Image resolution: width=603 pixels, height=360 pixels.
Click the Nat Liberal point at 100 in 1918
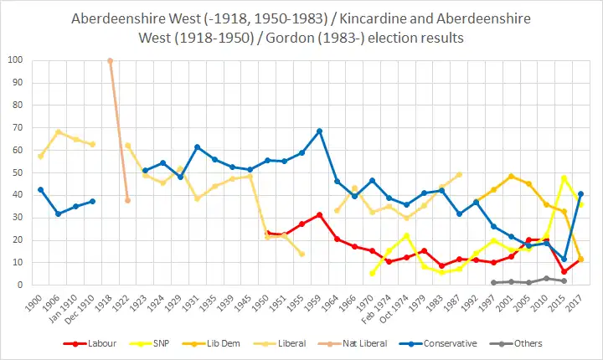click(110, 60)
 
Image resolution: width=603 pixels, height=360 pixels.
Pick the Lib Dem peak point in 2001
click(511, 176)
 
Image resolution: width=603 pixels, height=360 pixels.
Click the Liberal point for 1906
click(58, 131)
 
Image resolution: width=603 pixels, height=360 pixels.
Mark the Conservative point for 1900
click(40, 189)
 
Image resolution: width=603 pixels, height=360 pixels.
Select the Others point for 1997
click(493, 283)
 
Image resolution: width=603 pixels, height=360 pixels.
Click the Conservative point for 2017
click(581, 193)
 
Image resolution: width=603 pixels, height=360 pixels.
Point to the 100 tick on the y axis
click(16, 60)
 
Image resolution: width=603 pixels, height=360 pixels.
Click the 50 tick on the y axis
click(18, 172)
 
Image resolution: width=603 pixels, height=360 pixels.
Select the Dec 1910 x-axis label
click(88, 307)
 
